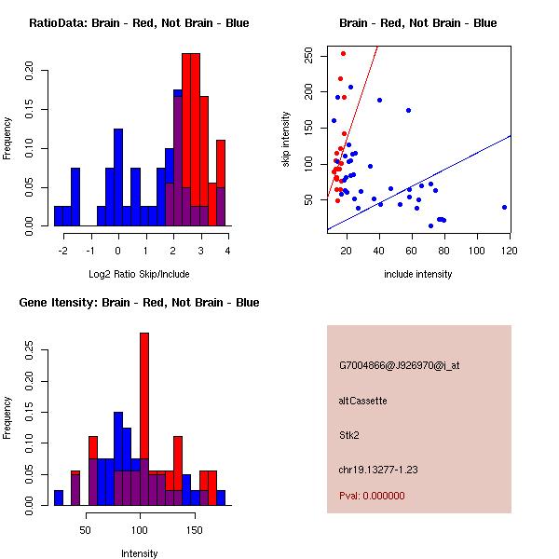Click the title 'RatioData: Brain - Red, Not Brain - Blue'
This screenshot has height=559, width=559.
[x=139, y=22]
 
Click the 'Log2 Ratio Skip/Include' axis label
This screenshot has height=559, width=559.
[x=139, y=275]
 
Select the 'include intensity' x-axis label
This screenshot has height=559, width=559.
[x=418, y=275]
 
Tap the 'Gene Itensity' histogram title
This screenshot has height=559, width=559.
[x=139, y=302]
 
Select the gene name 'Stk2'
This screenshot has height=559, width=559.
[x=349, y=434]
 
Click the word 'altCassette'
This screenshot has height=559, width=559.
[x=362, y=401]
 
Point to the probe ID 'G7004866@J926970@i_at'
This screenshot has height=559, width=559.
[x=400, y=364]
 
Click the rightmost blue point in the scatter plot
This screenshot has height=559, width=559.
[x=504, y=207]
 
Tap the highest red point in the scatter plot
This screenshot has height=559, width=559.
[x=343, y=53]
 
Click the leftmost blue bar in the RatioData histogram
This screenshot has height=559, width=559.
[x=58, y=215]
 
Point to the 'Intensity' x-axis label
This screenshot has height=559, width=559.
[x=139, y=553]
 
